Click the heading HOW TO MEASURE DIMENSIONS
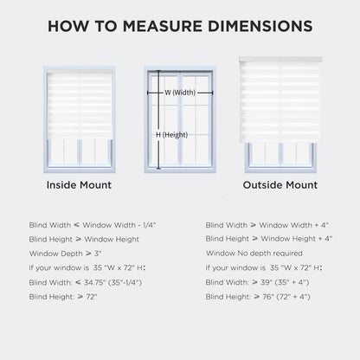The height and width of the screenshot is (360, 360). tap(180, 25)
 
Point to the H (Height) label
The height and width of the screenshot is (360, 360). tap(171, 134)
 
